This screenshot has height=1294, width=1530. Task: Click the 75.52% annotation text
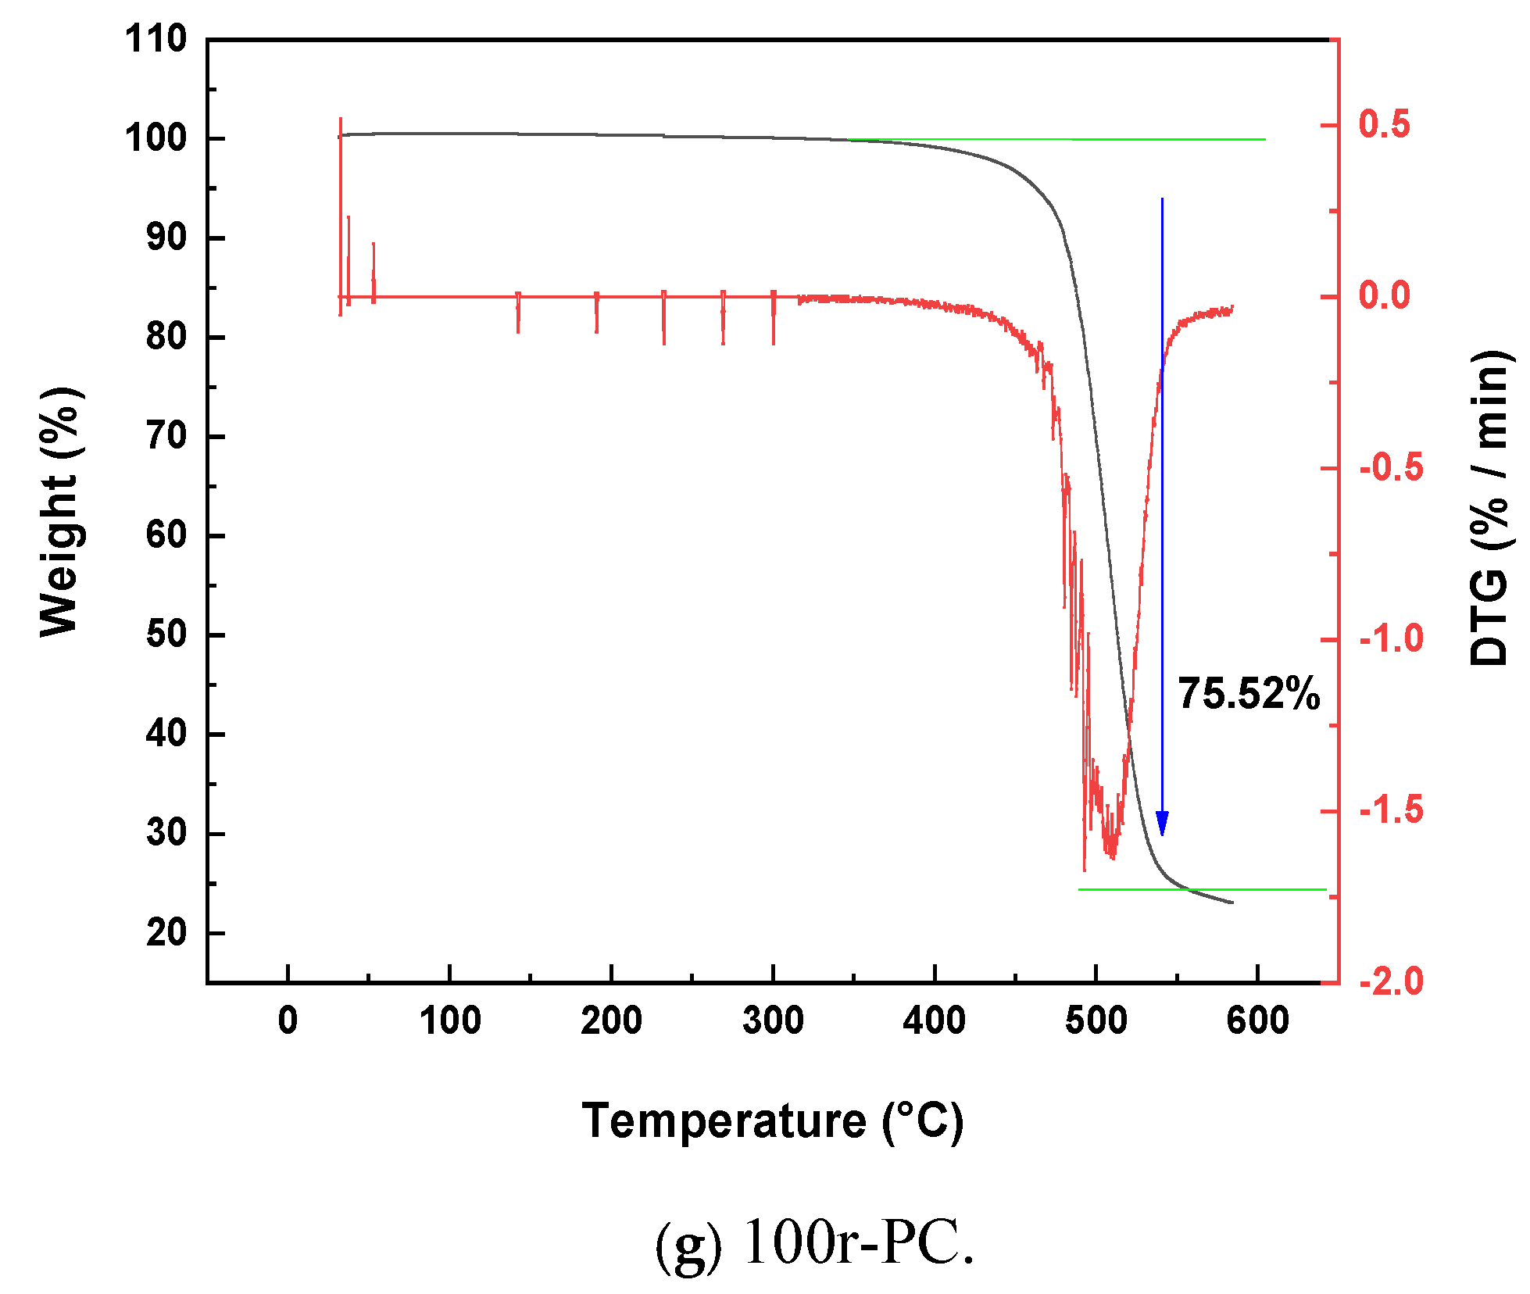tap(1248, 694)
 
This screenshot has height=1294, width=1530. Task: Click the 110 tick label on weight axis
tap(156, 39)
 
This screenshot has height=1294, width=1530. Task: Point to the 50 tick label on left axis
tap(166, 634)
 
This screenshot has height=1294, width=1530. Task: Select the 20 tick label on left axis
tap(166, 932)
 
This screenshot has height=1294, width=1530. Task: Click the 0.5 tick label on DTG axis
tap(1384, 125)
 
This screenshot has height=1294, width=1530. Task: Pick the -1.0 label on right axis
tap(1391, 639)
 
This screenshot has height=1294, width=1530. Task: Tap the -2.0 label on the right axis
tap(1391, 981)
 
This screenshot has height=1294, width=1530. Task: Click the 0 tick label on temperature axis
tap(288, 1021)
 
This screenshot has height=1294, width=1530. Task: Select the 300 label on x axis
tap(773, 1021)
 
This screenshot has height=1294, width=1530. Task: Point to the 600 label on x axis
tap(1257, 1021)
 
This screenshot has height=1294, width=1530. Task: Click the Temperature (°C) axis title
tap(772, 1121)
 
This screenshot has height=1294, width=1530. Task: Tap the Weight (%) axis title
tap(60, 512)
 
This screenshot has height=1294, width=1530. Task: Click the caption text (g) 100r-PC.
tap(814, 1242)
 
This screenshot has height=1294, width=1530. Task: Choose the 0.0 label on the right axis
tap(1384, 296)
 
